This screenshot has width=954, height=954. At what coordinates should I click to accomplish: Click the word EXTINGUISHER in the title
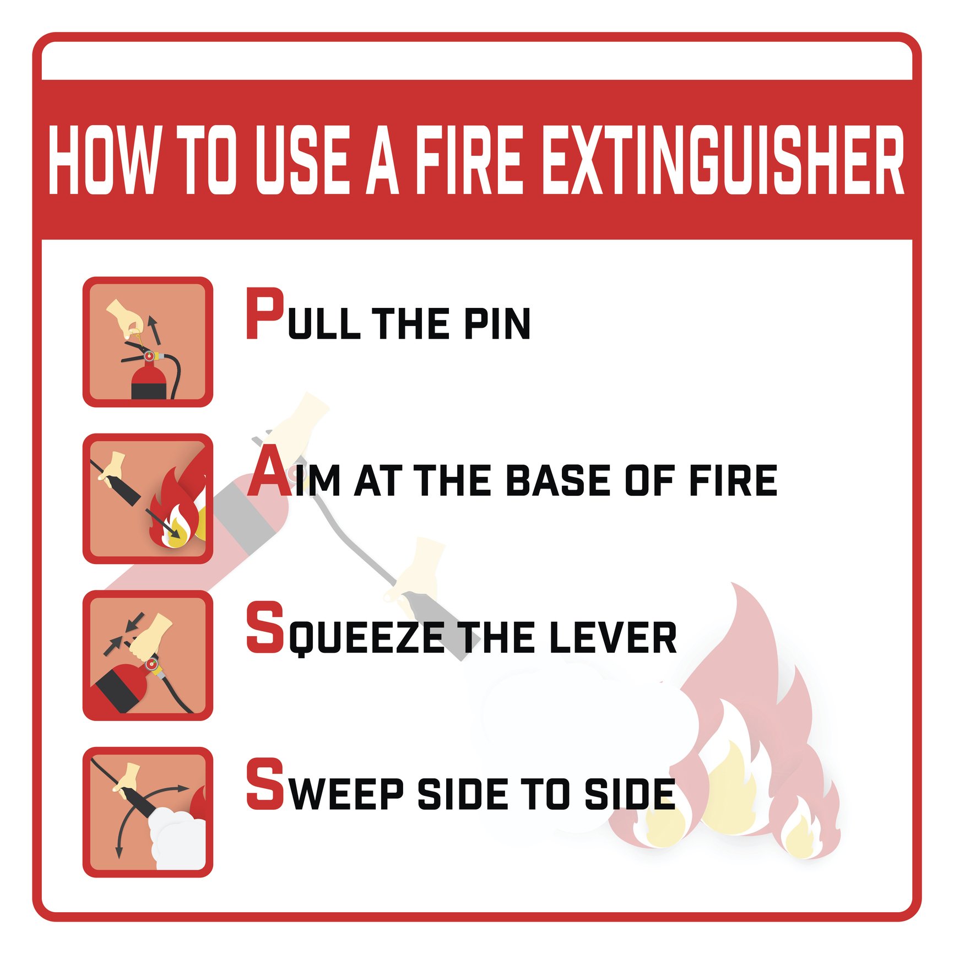pyautogui.click(x=724, y=160)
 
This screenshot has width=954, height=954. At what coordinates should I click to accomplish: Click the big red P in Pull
pyautogui.click(x=264, y=313)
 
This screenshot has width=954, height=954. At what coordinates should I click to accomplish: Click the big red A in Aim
pyautogui.click(x=270, y=471)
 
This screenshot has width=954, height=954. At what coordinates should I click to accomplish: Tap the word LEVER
pyautogui.click(x=613, y=637)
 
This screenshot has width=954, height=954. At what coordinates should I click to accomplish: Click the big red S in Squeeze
pyautogui.click(x=265, y=627)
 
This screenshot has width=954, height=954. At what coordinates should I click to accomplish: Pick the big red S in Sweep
pyautogui.click(x=265, y=784)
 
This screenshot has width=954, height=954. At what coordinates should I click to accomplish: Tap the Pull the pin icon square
pyautogui.click(x=148, y=342)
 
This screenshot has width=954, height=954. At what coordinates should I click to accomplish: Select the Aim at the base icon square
pyautogui.click(x=148, y=498)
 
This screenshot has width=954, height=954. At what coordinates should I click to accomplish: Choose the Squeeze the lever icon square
pyautogui.click(x=148, y=655)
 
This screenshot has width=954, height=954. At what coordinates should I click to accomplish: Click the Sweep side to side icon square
pyautogui.click(x=148, y=812)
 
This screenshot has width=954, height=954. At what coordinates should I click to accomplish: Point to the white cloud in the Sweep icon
pyautogui.click(x=177, y=840)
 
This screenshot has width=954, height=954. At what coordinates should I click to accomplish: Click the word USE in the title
pyautogui.click(x=302, y=160)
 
